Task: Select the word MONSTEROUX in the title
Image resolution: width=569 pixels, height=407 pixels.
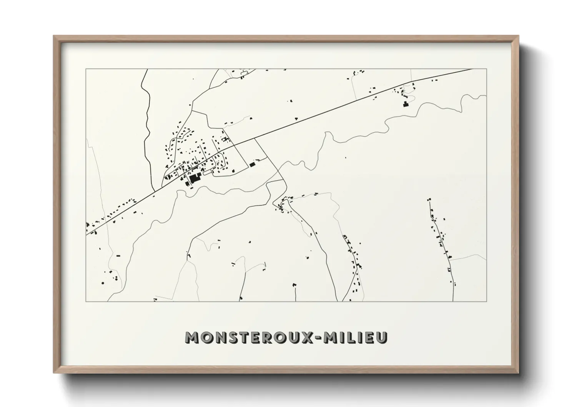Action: [x=250, y=337]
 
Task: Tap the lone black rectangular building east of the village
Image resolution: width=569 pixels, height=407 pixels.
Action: [x=252, y=164]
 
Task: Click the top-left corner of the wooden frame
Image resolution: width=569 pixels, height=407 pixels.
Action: [x=54, y=36]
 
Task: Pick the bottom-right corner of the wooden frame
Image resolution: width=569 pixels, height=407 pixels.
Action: [x=519, y=373]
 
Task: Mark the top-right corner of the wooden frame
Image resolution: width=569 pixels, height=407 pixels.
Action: [x=519, y=36]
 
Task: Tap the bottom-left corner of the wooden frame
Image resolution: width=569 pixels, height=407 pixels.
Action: [x=54, y=373]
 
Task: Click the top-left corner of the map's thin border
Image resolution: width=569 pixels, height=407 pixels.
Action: [x=86, y=69]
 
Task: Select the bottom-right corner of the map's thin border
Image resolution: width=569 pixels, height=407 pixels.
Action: [x=486, y=301]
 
